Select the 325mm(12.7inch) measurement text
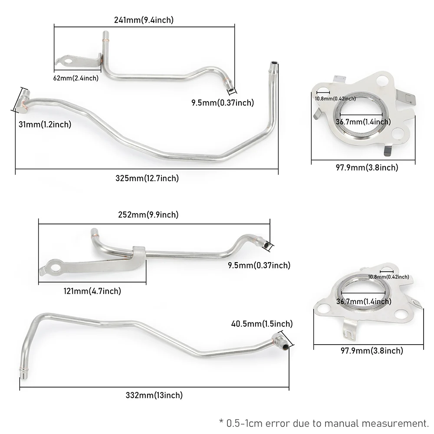point(147,178)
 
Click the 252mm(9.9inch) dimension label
point(148,215)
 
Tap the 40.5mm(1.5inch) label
point(262,324)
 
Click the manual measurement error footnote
point(323,423)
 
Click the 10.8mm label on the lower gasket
point(388,277)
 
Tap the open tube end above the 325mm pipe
point(273,65)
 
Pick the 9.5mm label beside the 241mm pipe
point(223,103)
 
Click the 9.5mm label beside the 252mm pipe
point(259,265)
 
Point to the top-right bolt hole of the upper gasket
point(383,81)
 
